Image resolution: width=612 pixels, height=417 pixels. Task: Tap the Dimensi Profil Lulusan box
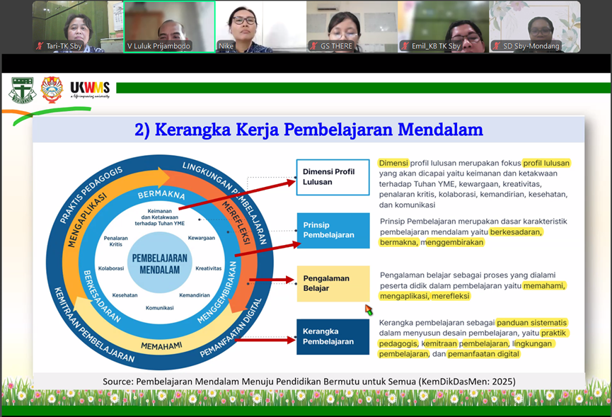[x=333, y=177]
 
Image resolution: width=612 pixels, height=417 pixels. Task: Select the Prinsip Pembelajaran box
[x=333, y=230]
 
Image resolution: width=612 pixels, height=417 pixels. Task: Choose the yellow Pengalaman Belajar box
[x=333, y=283]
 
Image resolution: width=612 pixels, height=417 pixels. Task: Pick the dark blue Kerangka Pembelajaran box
[x=333, y=336]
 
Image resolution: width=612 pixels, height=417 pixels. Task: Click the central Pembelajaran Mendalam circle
[x=160, y=263]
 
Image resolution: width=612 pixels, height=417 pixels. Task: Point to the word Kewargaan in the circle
[x=202, y=238]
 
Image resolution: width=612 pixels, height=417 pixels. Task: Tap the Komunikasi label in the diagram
[x=160, y=308]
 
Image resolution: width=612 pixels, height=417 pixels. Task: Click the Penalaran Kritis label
[x=116, y=241]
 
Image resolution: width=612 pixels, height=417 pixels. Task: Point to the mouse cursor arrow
[x=369, y=310]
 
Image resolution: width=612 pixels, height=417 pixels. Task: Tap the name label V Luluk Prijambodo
[x=158, y=46]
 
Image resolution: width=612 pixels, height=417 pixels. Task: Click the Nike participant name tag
[x=226, y=46]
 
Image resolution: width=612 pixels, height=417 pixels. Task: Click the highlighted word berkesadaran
[x=516, y=232]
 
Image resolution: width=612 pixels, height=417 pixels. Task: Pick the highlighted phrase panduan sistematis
[x=531, y=323]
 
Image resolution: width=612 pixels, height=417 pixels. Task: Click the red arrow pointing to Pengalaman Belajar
[x=272, y=280]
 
